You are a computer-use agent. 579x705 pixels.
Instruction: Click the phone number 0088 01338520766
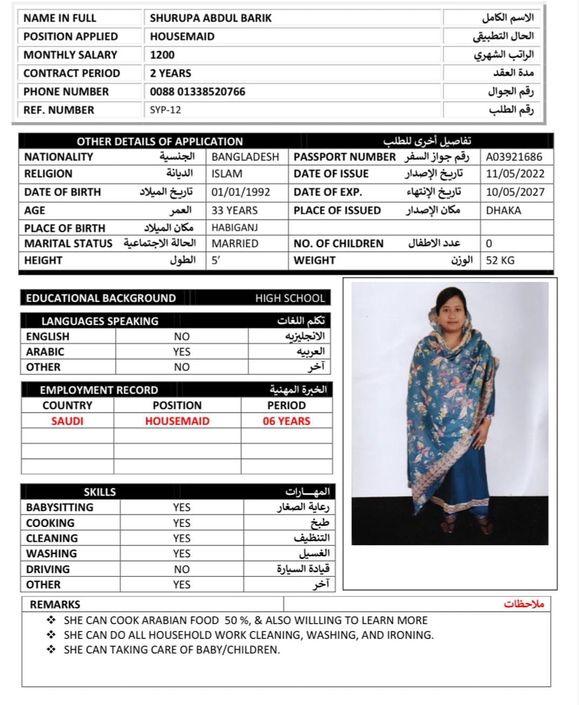click(197, 92)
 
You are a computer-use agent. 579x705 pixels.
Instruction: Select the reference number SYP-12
click(165, 110)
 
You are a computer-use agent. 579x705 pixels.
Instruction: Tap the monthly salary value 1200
click(162, 55)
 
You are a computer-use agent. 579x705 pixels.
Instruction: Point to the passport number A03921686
click(514, 157)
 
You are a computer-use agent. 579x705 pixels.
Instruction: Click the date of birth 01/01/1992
click(240, 192)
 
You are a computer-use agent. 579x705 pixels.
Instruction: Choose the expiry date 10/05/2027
click(515, 192)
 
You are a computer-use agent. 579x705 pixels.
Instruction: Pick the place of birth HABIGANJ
click(234, 227)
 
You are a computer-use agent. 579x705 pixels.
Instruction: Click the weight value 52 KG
click(500, 260)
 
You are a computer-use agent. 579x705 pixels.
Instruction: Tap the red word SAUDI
click(67, 421)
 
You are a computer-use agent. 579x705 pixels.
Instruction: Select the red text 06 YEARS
click(287, 421)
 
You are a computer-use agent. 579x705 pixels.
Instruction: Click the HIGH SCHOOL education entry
click(290, 298)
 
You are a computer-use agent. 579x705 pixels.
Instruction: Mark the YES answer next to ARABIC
click(181, 352)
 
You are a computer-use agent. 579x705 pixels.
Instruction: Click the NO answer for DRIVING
click(181, 569)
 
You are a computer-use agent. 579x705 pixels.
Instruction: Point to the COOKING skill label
click(50, 523)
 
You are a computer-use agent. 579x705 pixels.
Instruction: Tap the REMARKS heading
click(55, 605)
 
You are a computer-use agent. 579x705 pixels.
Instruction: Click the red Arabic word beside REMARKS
click(524, 604)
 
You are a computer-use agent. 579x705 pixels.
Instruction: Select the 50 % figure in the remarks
click(237, 621)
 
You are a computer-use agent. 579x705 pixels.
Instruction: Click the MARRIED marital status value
click(235, 244)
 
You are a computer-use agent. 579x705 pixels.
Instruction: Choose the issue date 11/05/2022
click(515, 174)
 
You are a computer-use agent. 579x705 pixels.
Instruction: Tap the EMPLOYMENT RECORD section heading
click(99, 390)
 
